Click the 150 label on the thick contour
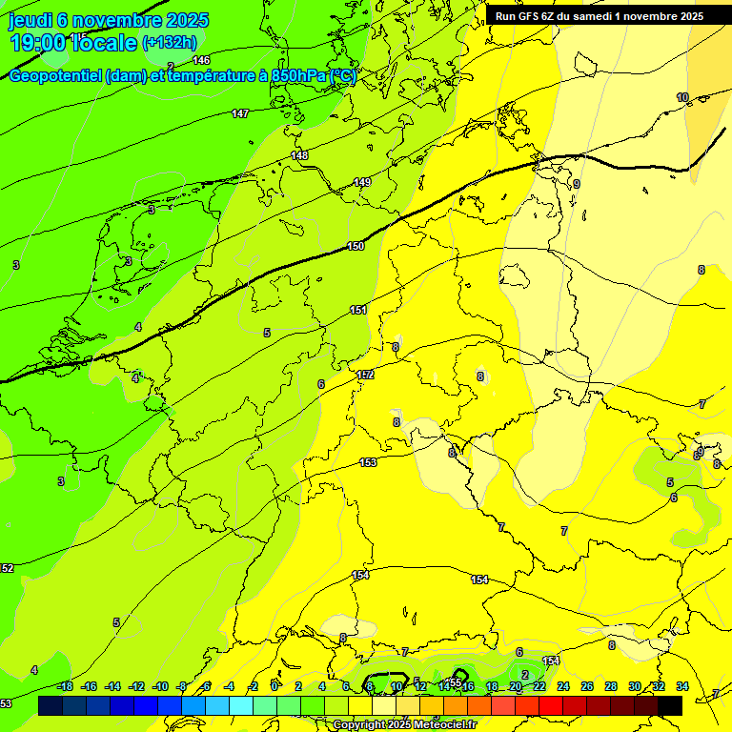[x=356, y=246]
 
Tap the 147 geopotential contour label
[x=240, y=113]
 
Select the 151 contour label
[x=358, y=310]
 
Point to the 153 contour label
[x=369, y=462]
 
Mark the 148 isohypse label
[x=299, y=155]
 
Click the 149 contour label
[x=362, y=182]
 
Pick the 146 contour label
[x=201, y=60]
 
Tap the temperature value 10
[x=682, y=97]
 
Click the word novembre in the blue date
[x=115, y=20]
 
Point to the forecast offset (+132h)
[x=169, y=43]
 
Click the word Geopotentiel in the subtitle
[x=56, y=76]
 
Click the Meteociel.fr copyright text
[x=404, y=725]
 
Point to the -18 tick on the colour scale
[x=64, y=686]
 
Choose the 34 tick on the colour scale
[x=682, y=686]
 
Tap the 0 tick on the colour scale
[x=274, y=686]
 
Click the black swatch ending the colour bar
[x=670, y=705]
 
